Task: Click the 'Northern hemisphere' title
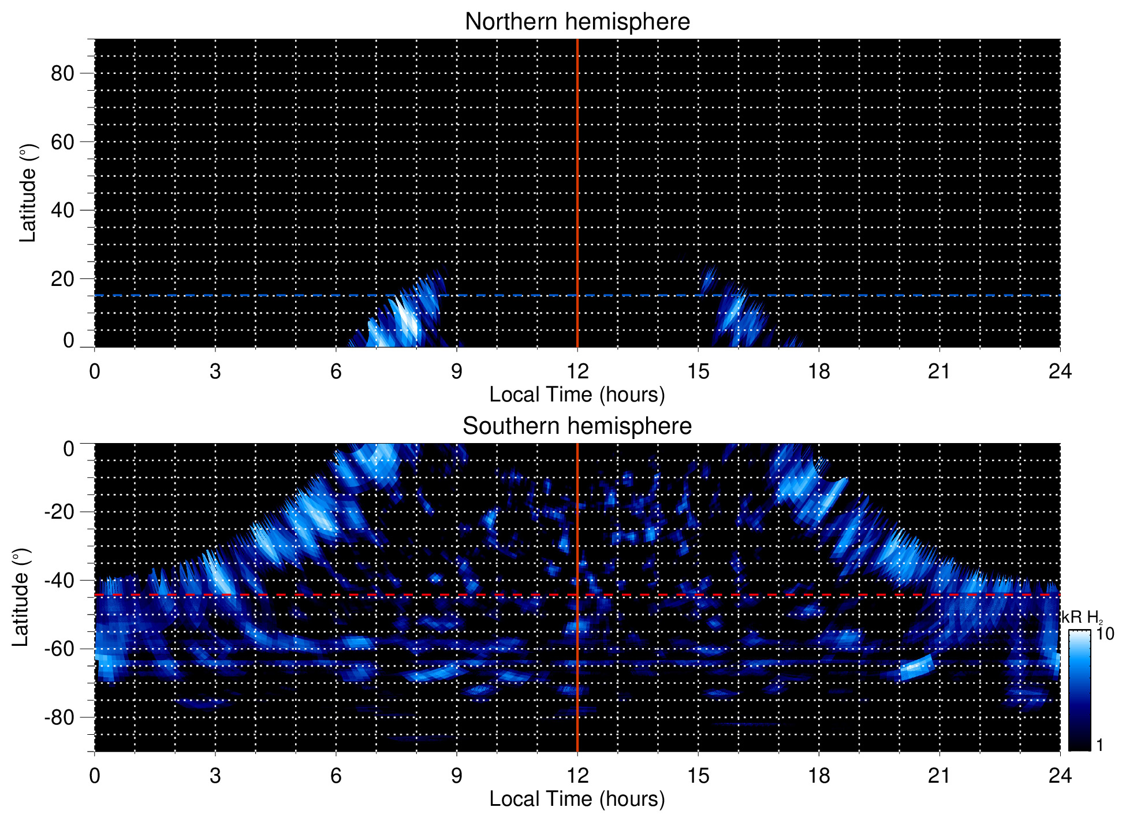point(577,22)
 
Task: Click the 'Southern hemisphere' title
point(577,426)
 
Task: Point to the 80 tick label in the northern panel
point(62,73)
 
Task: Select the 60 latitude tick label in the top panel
point(62,142)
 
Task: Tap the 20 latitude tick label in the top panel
point(62,279)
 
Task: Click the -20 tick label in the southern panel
point(59,512)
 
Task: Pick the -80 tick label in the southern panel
point(59,717)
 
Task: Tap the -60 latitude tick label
point(59,649)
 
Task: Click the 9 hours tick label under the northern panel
point(457,371)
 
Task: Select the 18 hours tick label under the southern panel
point(819,776)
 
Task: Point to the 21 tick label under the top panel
point(939,371)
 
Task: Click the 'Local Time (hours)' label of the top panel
point(577,395)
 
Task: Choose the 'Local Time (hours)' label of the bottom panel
point(577,799)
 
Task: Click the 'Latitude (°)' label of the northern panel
point(28,193)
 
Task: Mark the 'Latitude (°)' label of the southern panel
point(21,597)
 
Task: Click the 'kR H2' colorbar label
point(1082,618)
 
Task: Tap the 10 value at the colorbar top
point(1105,634)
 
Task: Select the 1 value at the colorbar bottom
point(1099,745)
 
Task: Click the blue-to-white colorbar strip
point(1079,690)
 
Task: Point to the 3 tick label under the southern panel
point(215,776)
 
